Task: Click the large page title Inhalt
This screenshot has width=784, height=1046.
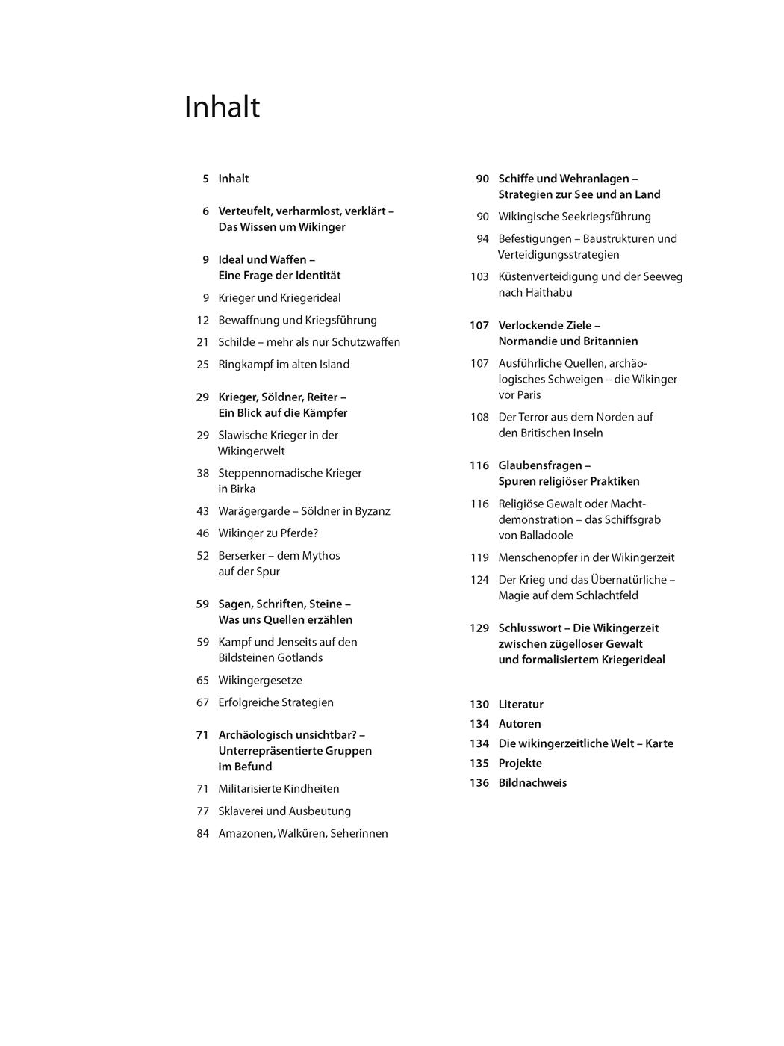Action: pyautogui.click(x=222, y=108)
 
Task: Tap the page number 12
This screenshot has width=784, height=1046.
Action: pyautogui.click(x=202, y=320)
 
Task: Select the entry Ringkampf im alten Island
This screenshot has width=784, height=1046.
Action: pyautogui.click(x=284, y=365)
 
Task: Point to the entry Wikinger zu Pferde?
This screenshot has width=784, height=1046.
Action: pyautogui.click(x=268, y=533)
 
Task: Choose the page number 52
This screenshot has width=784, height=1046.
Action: pyautogui.click(x=202, y=556)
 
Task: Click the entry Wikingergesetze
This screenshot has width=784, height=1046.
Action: pyautogui.click(x=260, y=681)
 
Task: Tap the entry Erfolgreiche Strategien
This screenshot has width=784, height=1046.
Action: pyautogui.click(x=276, y=702)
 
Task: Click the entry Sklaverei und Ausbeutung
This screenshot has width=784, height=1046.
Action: pyautogui.click(x=284, y=811)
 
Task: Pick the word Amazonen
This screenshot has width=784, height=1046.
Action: pyautogui.click(x=246, y=834)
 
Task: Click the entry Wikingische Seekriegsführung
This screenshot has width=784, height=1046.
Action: pyautogui.click(x=574, y=217)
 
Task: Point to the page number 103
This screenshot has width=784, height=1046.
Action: pyautogui.click(x=479, y=276)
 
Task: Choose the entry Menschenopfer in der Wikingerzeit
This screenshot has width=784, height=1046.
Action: pyautogui.click(x=586, y=557)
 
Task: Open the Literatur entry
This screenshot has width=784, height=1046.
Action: pyautogui.click(x=520, y=705)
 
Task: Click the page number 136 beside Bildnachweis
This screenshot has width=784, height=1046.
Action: pyautogui.click(x=479, y=783)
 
